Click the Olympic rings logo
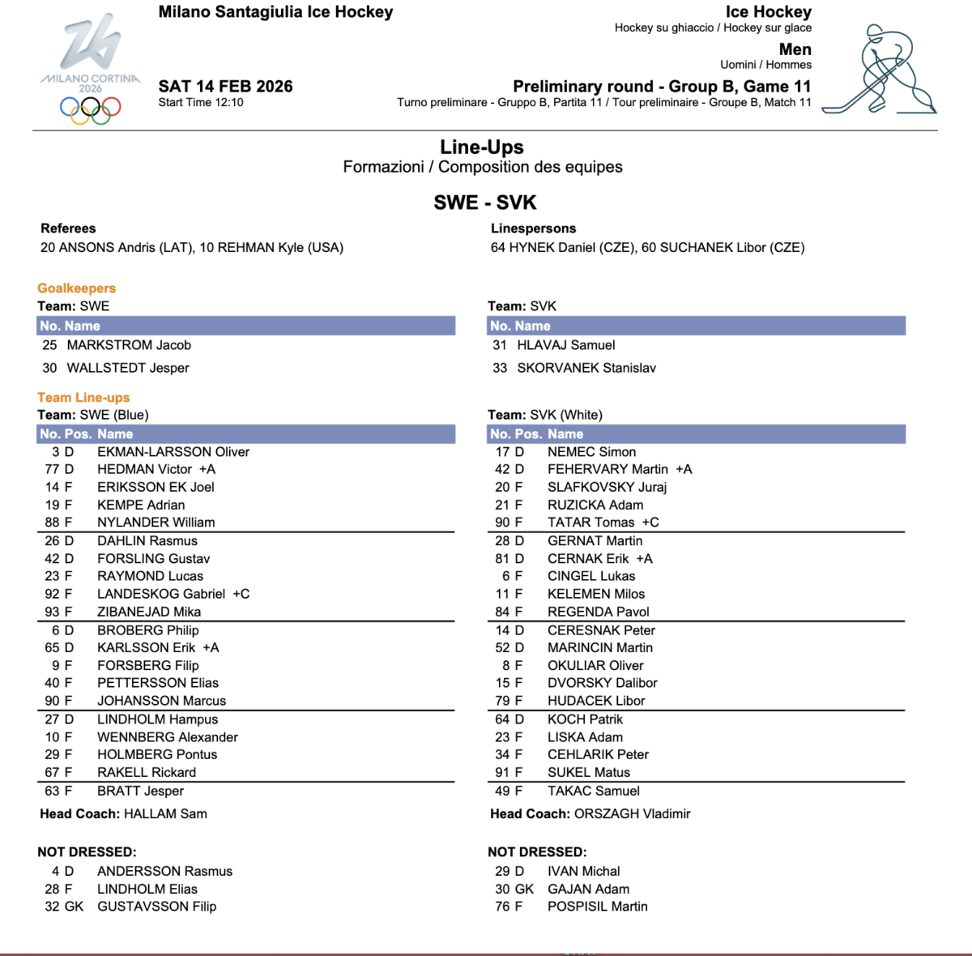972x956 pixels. [90, 110]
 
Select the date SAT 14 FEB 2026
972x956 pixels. [225, 87]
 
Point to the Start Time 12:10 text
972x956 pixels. [201, 103]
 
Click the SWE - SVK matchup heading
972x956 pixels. [485, 203]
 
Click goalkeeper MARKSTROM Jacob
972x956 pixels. [129, 345]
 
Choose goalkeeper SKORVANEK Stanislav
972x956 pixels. [586, 368]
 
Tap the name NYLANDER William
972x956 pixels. [156, 523]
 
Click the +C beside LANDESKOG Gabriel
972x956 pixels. [241, 594]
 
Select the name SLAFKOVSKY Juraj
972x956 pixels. [607, 487]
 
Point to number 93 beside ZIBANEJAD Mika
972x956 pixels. [52, 612]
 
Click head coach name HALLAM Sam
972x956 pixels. [165, 813]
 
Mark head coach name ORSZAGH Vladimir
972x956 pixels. [632, 813]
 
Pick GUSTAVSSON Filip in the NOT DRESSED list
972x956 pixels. [156, 907]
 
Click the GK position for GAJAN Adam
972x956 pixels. [525, 889]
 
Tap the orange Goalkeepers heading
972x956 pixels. [77, 288]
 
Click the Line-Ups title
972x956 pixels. [482, 147]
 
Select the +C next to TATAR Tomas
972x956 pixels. [650, 523]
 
